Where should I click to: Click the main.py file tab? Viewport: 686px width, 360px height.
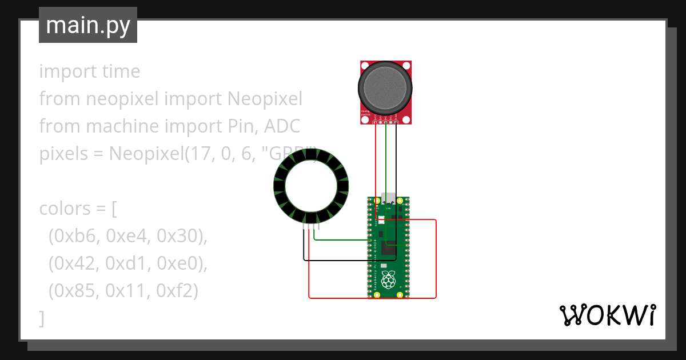pyautogui.click(x=87, y=25)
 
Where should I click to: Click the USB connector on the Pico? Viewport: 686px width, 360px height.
pyautogui.click(x=389, y=198)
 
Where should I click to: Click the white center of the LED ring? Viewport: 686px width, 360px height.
pyautogui.click(x=311, y=186)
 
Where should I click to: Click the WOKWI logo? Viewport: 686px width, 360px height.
pyautogui.click(x=607, y=315)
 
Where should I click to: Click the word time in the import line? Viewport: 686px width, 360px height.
pyautogui.click(x=119, y=71)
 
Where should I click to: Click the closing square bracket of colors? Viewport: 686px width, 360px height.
pyautogui.click(x=42, y=318)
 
